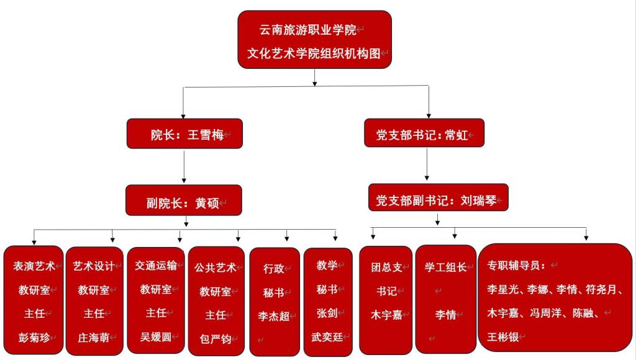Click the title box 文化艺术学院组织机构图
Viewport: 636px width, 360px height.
[314, 40]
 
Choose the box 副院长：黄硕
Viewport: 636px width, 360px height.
[183, 202]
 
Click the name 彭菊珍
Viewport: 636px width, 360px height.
[34, 338]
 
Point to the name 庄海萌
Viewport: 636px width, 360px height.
[94, 338]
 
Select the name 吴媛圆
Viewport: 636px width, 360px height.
[155, 337]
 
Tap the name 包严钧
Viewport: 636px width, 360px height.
[215, 339]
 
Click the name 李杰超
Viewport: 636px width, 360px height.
[274, 316]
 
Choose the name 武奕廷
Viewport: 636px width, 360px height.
[327, 337]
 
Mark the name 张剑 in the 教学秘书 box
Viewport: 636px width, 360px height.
[327, 313]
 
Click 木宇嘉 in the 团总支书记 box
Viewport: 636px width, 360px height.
[386, 314]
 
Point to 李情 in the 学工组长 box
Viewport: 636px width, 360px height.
[445, 315]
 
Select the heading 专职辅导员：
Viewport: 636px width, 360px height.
[516, 266]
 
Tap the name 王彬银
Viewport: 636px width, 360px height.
[502, 337]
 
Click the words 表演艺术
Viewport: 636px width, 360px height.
[34, 266]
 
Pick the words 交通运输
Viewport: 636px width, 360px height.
[155, 265]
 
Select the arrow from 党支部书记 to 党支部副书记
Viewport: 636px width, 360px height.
[427, 164]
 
